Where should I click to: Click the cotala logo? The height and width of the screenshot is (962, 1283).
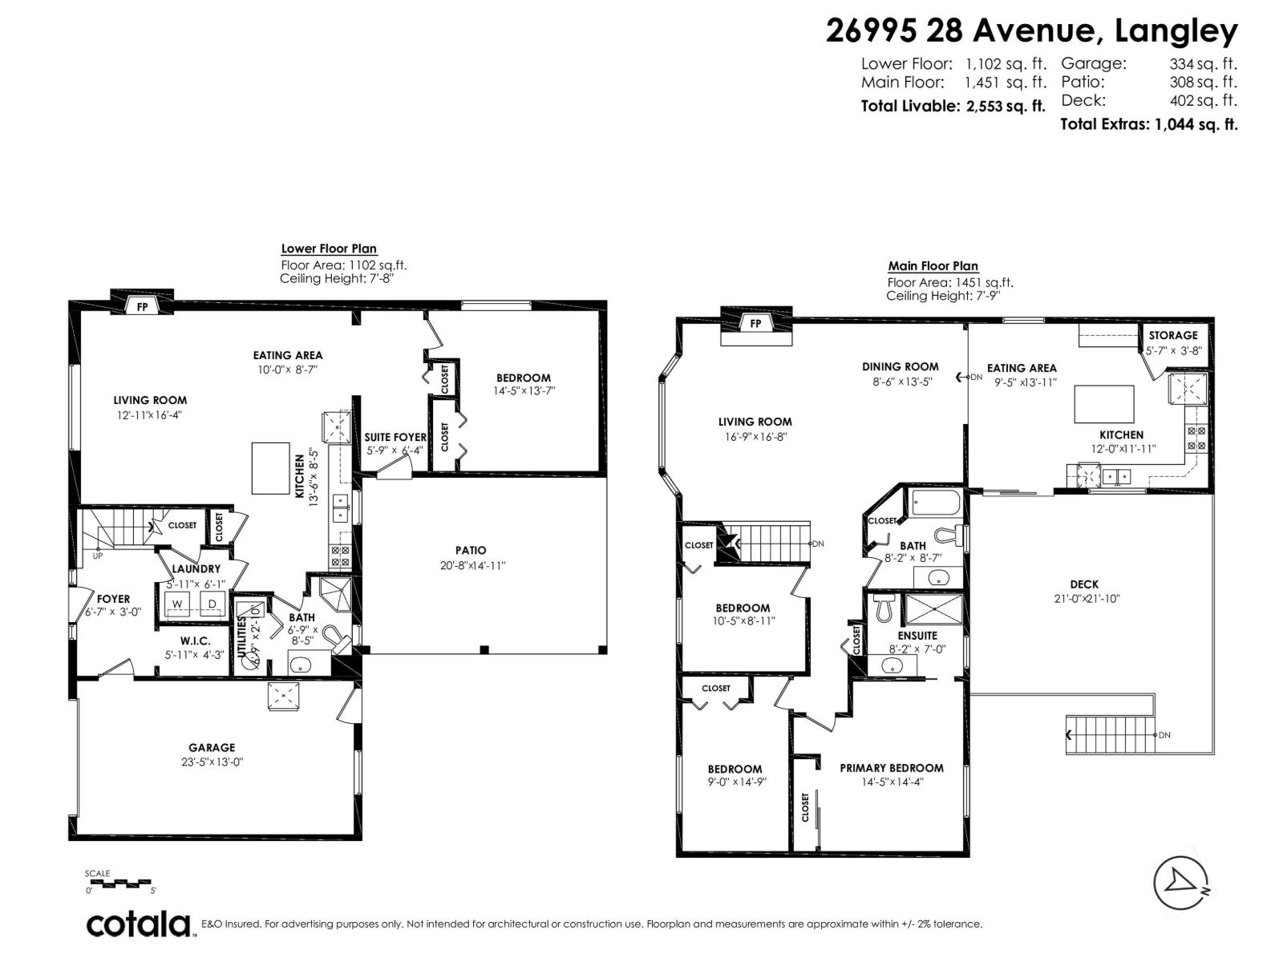point(139,924)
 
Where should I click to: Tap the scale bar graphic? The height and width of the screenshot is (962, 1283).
point(119,883)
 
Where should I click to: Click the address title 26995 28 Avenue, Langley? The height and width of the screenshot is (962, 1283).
point(1031,31)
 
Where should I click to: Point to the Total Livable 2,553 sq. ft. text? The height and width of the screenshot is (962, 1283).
point(953,106)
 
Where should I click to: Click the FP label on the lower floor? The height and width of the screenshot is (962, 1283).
point(142,306)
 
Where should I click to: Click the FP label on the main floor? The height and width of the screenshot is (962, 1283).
point(755,323)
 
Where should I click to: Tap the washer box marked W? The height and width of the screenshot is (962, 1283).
point(178,604)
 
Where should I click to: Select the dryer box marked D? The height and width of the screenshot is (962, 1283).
point(212,604)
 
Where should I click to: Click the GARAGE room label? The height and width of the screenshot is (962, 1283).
point(212,747)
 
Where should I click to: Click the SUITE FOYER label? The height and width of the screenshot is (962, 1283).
point(395,437)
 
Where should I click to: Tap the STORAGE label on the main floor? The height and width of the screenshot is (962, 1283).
point(1172,335)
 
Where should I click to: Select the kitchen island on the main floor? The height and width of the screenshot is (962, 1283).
point(1104,404)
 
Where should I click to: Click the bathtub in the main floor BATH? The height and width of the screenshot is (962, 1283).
point(936,504)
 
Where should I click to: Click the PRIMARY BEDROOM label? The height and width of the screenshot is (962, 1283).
point(892,768)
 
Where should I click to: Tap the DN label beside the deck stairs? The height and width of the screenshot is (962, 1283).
point(1164,735)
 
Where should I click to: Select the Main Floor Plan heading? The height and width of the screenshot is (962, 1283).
point(933,266)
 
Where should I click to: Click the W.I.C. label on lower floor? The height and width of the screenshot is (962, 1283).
point(195,641)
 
